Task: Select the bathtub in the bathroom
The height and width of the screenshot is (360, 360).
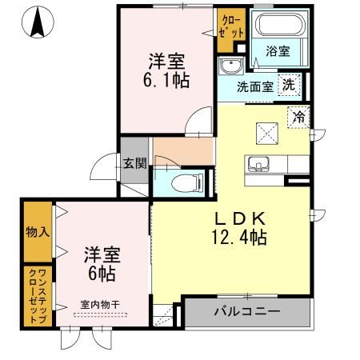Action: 278,27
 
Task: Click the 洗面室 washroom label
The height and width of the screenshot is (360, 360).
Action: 254,86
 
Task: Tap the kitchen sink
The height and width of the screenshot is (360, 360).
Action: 258,165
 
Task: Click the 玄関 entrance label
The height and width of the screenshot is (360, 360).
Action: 134,165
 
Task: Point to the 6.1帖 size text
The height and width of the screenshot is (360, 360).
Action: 167,79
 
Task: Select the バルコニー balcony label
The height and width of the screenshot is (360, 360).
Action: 246,311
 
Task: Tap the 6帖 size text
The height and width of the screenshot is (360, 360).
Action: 100,274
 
